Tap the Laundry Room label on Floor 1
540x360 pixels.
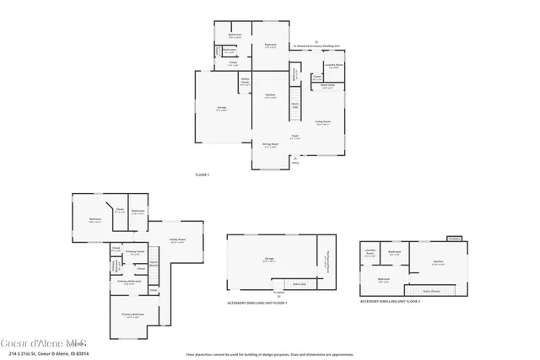tap(333, 66)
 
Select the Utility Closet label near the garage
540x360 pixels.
tap(245, 83)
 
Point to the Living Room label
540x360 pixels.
tap(322, 122)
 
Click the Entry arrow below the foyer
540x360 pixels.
tap(295, 162)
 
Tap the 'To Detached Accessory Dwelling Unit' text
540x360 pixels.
tap(316, 46)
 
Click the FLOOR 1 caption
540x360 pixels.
tap(202, 175)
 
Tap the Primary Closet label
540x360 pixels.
tap(135, 252)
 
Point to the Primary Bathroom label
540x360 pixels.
tap(128, 282)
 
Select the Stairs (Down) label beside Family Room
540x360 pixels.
tap(154, 264)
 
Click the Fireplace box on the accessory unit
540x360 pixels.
tap(453, 239)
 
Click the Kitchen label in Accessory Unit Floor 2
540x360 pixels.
tap(438, 262)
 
